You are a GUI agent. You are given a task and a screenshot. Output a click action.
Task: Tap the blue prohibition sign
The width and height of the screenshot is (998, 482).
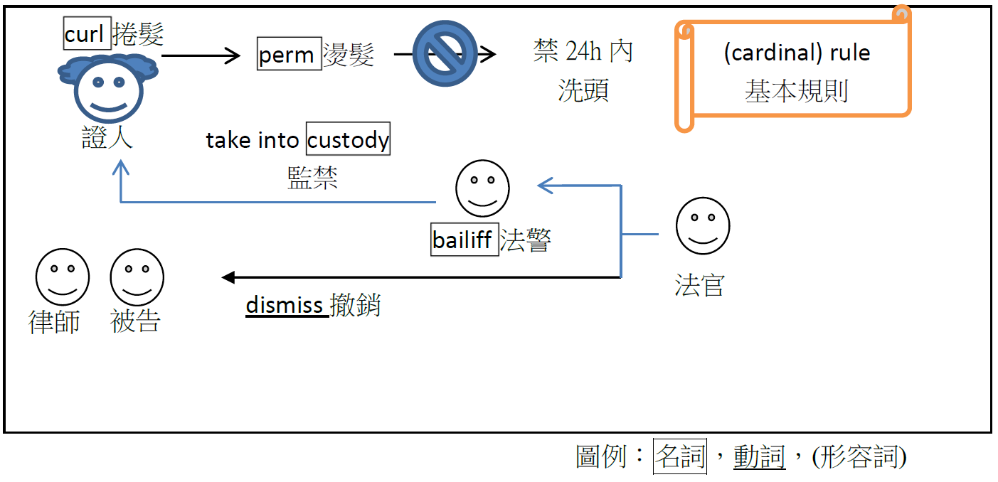point(445,54)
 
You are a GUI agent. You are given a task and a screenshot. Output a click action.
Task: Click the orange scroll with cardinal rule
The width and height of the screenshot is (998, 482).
point(793,71)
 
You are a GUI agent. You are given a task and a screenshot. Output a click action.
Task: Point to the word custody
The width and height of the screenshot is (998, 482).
point(349,140)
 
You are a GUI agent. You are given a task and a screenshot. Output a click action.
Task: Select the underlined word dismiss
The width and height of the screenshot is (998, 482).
point(285,305)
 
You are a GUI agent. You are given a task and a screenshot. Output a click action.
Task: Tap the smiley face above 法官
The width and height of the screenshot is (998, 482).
point(702,225)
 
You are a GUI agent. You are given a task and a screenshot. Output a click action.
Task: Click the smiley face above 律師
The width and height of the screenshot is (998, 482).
point(63,277)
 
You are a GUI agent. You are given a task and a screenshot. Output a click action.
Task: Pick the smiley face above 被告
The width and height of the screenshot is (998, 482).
point(137,277)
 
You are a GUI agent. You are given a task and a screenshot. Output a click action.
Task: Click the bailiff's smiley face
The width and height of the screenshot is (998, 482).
point(482,188)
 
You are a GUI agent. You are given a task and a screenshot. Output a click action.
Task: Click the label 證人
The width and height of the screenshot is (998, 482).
point(107,138)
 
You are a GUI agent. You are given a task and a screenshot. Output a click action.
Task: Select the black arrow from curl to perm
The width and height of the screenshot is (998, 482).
point(202,55)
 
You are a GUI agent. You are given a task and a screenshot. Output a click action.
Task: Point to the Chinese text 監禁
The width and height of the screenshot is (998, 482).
point(313,178)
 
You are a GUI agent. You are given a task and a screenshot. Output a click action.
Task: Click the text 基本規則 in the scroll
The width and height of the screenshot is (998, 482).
point(797,91)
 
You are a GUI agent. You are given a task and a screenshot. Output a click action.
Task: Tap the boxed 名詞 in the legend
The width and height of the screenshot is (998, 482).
point(680,456)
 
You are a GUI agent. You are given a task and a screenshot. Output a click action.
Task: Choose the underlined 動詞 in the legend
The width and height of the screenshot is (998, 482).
point(759,456)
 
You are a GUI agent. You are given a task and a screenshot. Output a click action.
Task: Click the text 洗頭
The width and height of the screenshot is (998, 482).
point(583,90)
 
